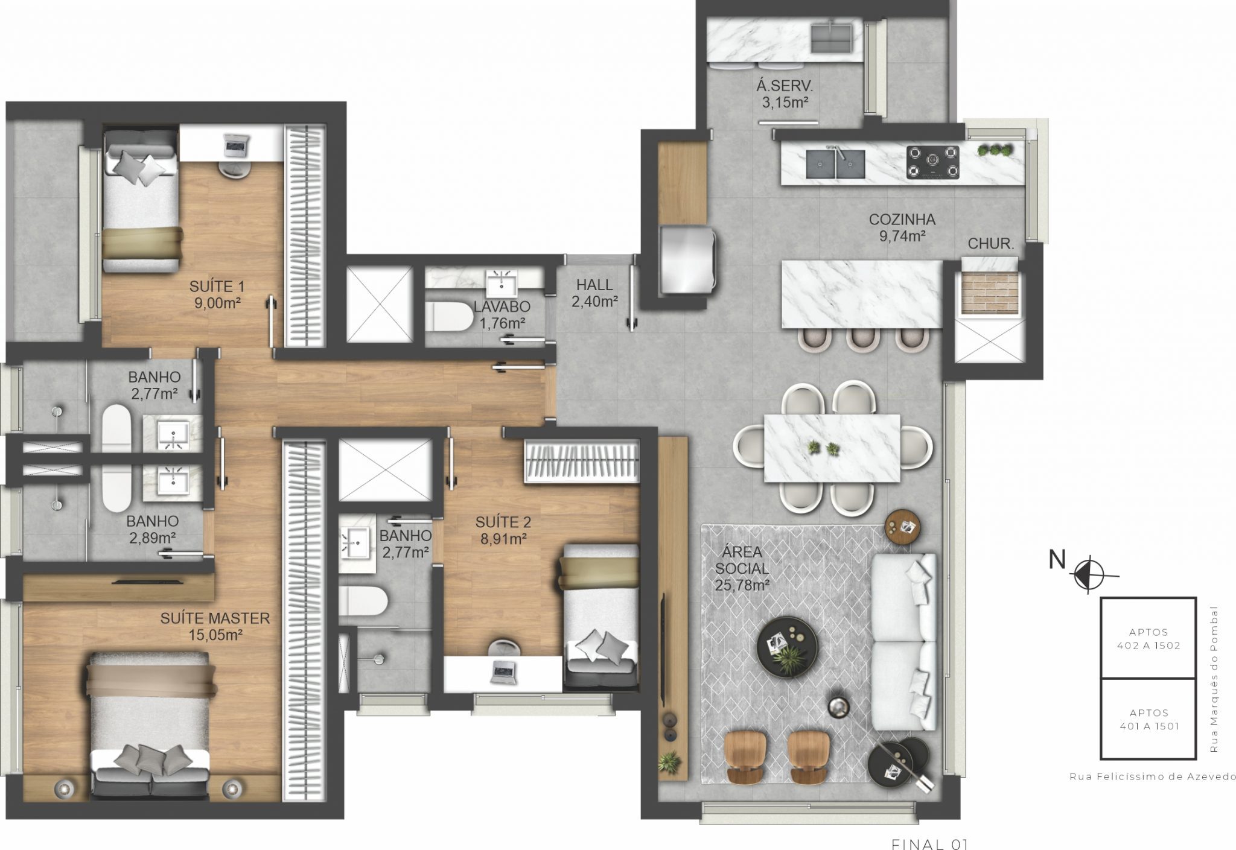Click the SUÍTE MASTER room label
click(x=215, y=618)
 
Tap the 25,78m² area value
click(x=742, y=585)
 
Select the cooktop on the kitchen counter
click(x=932, y=162)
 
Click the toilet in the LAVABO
click(x=450, y=316)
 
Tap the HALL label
click(x=594, y=285)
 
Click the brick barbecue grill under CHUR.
click(x=989, y=293)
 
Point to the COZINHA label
click(x=902, y=220)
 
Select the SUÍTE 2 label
click(x=503, y=522)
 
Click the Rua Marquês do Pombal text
click(x=1214, y=679)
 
